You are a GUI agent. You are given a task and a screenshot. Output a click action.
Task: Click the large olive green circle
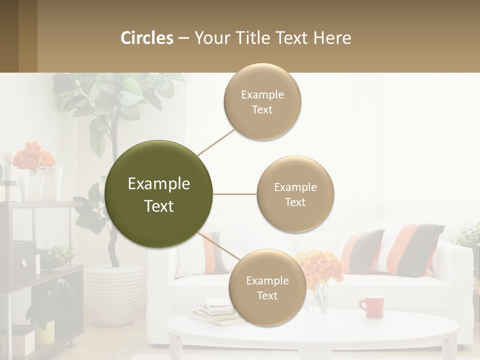158,194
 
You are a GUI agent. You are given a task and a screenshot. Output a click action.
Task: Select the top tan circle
262,101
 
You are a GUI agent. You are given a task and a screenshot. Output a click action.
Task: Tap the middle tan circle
295,194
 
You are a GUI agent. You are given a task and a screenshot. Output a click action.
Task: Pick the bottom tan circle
267,287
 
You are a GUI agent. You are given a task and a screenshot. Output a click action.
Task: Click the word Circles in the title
147,38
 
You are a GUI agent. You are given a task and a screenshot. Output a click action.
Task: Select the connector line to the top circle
216,142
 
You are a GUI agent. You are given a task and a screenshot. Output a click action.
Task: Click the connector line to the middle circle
234,194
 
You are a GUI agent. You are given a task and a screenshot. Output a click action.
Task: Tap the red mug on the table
371,306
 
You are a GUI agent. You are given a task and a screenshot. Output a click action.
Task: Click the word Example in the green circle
158,184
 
